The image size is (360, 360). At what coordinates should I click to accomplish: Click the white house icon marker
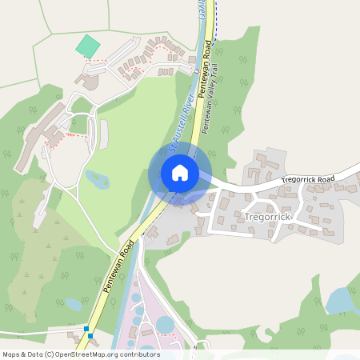click(180, 173)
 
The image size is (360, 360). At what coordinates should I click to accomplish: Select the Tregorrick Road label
click(308, 181)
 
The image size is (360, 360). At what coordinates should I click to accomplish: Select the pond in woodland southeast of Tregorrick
click(339, 301)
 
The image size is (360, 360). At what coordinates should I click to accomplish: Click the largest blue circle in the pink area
click(165, 324)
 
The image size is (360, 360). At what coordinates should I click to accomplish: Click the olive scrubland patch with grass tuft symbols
click(44, 248)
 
